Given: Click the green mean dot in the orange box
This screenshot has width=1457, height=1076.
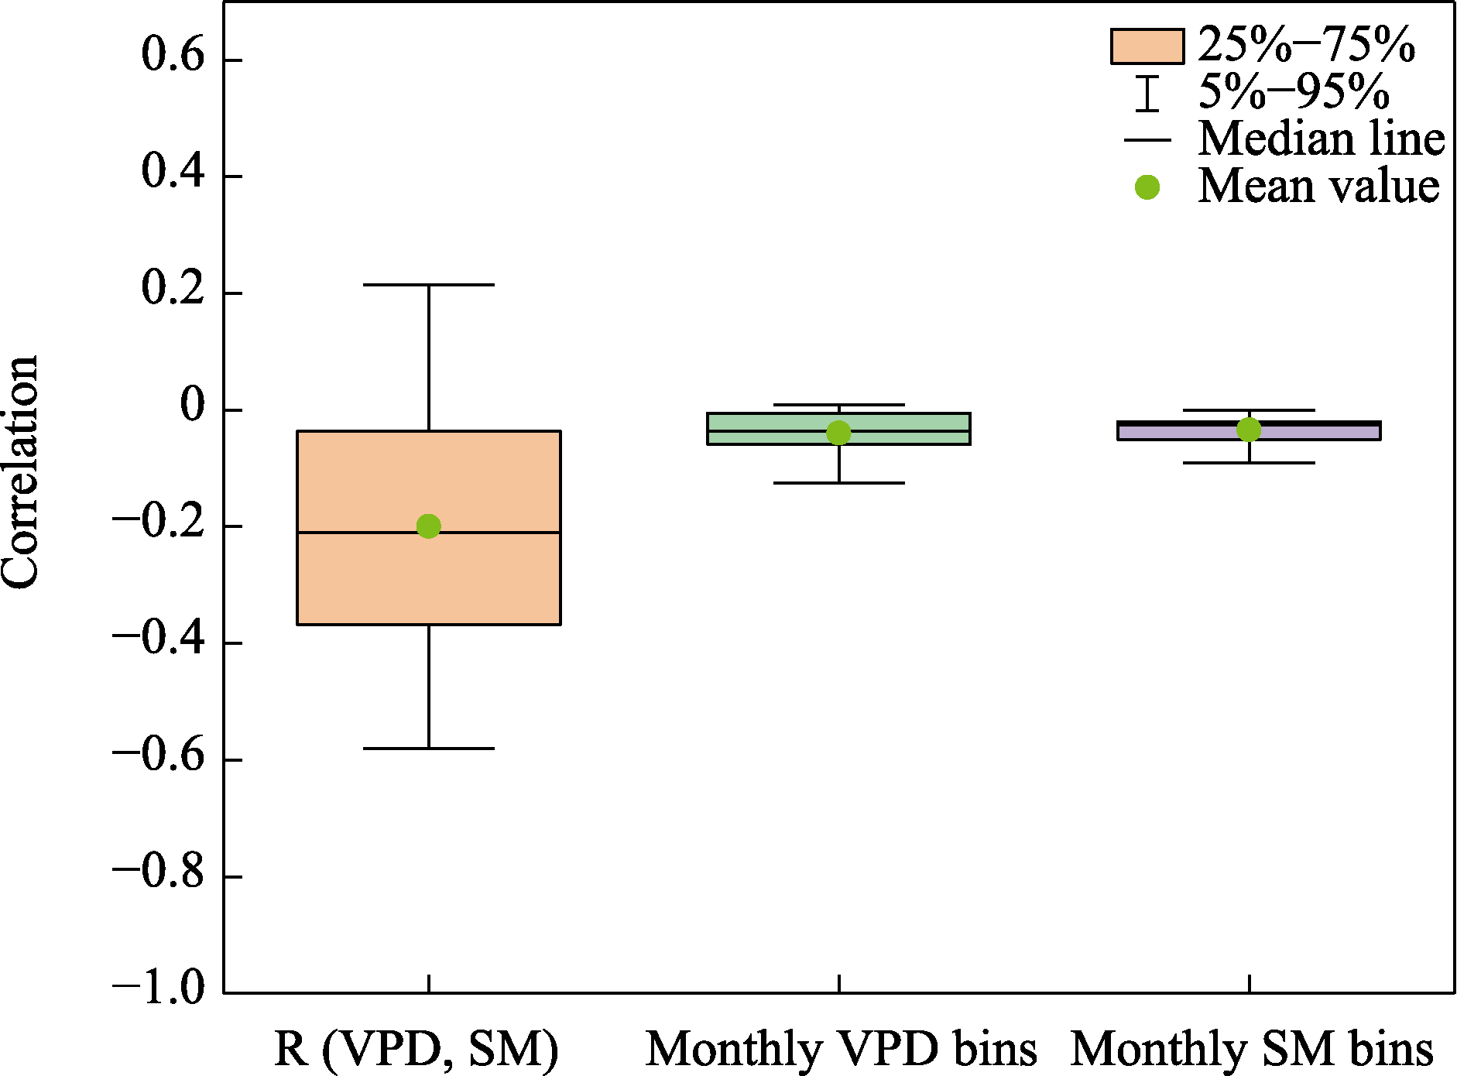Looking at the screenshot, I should pyautogui.click(x=428, y=526).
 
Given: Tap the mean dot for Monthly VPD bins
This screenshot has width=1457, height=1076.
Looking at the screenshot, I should pyautogui.click(x=838, y=433).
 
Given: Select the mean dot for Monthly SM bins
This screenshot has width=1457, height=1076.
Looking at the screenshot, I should pyautogui.click(x=1249, y=429).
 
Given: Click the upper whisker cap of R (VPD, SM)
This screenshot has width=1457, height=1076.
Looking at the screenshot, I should pyautogui.click(x=428, y=285).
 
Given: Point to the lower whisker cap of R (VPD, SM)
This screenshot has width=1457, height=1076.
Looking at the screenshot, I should pyautogui.click(x=428, y=749).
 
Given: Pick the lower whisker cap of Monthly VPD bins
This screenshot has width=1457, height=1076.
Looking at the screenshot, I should pyautogui.click(x=838, y=483).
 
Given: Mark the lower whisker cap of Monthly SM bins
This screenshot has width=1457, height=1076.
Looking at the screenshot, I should pyautogui.click(x=1249, y=463).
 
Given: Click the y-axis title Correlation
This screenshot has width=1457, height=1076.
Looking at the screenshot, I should pyautogui.click(x=20, y=472).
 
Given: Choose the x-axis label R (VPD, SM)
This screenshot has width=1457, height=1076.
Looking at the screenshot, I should pyautogui.click(x=416, y=1050).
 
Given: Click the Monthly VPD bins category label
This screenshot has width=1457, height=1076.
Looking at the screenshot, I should pyautogui.click(x=841, y=1050).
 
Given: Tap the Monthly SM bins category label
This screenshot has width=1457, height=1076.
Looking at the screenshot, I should pyautogui.click(x=1251, y=1050).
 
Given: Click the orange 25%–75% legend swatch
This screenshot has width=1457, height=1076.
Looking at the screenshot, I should pyautogui.click(x=1147, y=46).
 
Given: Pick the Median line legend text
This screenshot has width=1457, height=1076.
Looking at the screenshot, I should pyautogui.click(x=1321, y=139).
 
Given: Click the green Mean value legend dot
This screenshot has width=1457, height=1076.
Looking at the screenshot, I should pyautogui.click(x=1147, y=187).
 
